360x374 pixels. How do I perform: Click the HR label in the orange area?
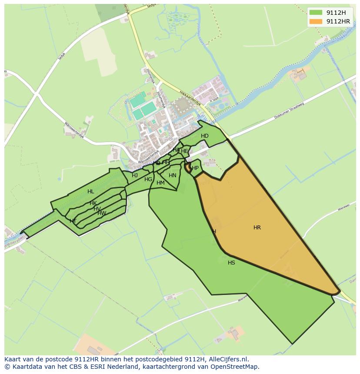(257, 228)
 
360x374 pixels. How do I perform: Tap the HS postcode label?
(231, 263)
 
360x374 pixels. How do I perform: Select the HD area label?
(205, 136)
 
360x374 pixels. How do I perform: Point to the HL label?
(90, 192)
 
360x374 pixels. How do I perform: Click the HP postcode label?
(195, 168)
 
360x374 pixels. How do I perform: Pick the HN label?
(173, 175)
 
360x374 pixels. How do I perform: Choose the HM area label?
(160, 183)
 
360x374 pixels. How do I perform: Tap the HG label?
(148, 179)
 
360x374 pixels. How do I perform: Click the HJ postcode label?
(135, 175)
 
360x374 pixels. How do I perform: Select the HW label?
(102, 213)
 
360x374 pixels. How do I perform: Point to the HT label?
(73, 221)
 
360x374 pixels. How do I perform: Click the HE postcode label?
(184, 151)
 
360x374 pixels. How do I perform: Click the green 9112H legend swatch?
(316, 13)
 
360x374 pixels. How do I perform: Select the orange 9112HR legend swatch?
(316, 21)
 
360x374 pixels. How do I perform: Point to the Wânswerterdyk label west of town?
(74, 130)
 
